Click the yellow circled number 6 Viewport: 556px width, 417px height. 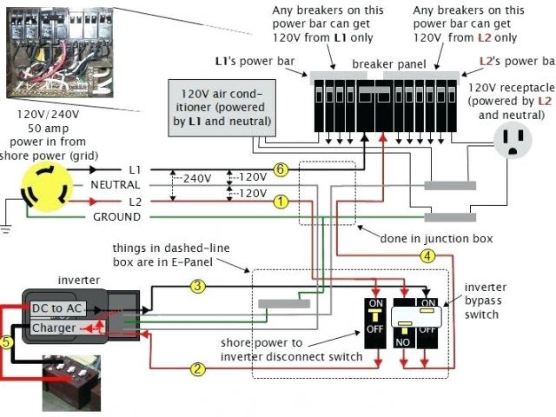[x=280, y=169]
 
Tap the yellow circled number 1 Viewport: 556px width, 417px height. [x=280, y=202]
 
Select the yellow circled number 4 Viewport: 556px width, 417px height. [x=427, y=255]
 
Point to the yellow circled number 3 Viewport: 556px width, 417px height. [x=198, y=285]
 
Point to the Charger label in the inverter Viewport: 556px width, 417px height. [x=54, y=328]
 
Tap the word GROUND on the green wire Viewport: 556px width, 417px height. [x=116, y=216]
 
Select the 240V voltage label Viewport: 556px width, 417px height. [x=197, y=178]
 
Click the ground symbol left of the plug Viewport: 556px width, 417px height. [x=7, y=228]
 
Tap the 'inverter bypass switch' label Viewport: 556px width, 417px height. [x=486, y=300]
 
